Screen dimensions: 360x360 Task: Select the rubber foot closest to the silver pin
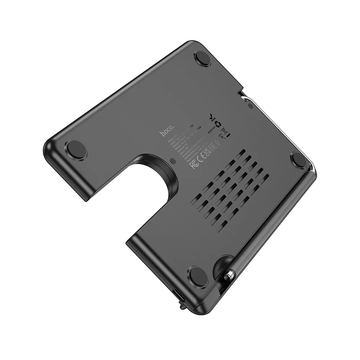point(198,276)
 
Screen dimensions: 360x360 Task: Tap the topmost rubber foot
point(202,58)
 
